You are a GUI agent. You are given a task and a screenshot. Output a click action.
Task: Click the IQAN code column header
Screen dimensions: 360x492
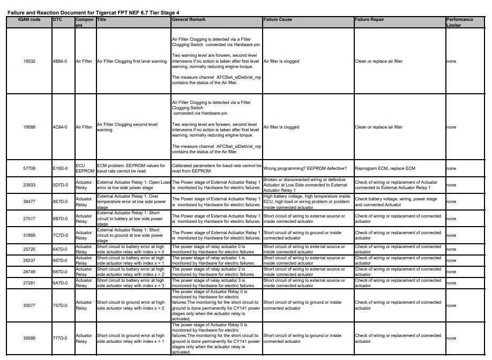tap(29, 20)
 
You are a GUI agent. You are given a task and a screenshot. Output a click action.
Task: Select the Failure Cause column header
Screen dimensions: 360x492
tap(278, 20)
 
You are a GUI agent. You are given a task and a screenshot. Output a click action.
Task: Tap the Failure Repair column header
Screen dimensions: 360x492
tap(370, 20)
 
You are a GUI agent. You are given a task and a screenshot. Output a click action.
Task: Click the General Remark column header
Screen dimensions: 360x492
tap(189, 20)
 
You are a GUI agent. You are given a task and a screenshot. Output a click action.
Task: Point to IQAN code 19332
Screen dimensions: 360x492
tap(29, 61)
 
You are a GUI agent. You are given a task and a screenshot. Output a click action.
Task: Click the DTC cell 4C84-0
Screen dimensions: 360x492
tap(60, 127)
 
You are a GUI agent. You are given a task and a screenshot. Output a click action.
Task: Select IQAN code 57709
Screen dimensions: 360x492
tap(29, 168)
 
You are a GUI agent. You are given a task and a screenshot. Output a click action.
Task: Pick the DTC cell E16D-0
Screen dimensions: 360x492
tap(60, 168)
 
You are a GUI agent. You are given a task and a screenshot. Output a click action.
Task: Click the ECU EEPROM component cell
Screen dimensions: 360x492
tap(85, 168)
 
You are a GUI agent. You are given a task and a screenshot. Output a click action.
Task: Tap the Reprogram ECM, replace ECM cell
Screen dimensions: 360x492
tap(385, 168)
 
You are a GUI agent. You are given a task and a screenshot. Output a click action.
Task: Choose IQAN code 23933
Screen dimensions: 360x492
tap(29, 185)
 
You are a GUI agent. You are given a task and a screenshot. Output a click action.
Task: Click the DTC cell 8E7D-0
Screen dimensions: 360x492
tap(60, 201)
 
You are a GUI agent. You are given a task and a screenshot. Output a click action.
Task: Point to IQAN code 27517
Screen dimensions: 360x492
tap(29, 219)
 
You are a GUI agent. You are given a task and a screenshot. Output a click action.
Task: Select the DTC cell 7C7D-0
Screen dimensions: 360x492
tap(60, 235)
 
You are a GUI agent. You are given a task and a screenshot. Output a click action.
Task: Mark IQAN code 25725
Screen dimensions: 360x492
tap(29, 249)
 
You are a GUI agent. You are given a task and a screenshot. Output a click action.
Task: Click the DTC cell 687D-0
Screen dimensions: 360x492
tap(60, 272)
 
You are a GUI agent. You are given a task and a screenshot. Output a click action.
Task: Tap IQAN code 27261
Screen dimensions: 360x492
tap(29, 283)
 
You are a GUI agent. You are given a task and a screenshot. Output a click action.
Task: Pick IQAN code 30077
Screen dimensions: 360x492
tap(29, 305)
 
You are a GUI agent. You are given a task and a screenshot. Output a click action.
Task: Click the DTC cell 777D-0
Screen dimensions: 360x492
tap(60, 338)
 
